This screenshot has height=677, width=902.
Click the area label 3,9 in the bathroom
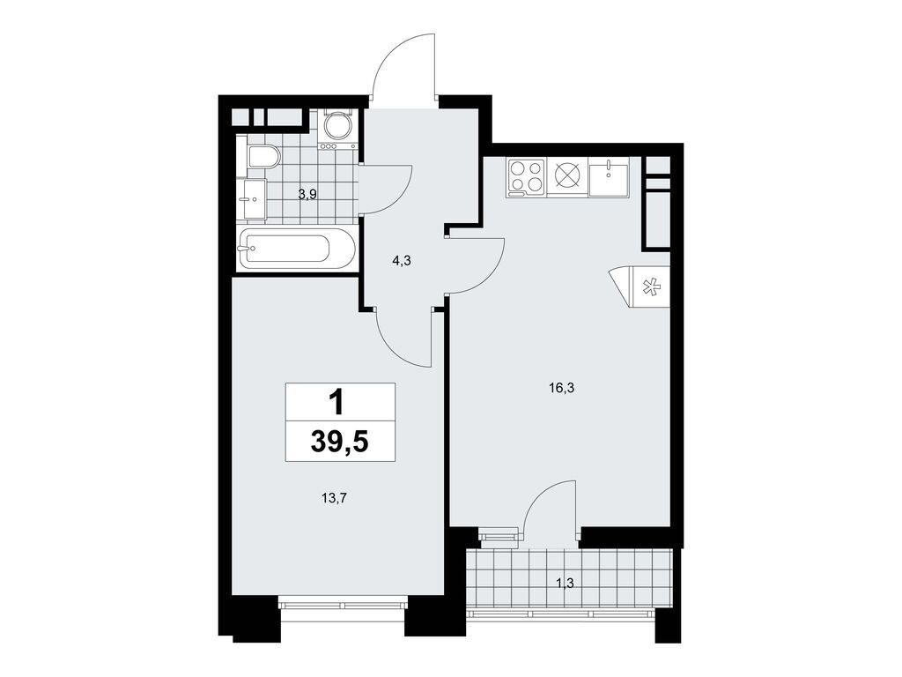click(x=307, y=194)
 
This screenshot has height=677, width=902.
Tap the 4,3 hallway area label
click(x=401, y=260)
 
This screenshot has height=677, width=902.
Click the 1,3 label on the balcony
click(x=566, y=581)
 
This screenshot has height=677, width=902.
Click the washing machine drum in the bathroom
click(x=337, y=128)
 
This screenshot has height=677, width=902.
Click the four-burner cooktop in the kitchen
click(x=526, y=176)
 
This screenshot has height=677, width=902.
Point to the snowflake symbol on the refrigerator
click(x=652, y=287)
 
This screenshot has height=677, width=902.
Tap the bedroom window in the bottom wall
click(x=342, y=605)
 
